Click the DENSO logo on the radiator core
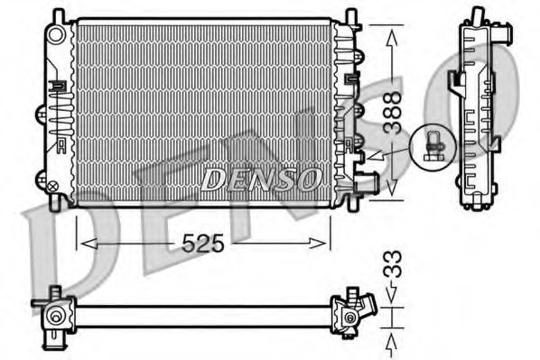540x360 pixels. (260, 177)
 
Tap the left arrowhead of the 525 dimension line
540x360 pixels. (84, 242)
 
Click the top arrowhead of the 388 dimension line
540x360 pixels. (391, 33)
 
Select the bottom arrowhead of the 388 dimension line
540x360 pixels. (391, 191)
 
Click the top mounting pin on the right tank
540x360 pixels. (349, 15)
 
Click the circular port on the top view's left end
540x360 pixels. (57, 316)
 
